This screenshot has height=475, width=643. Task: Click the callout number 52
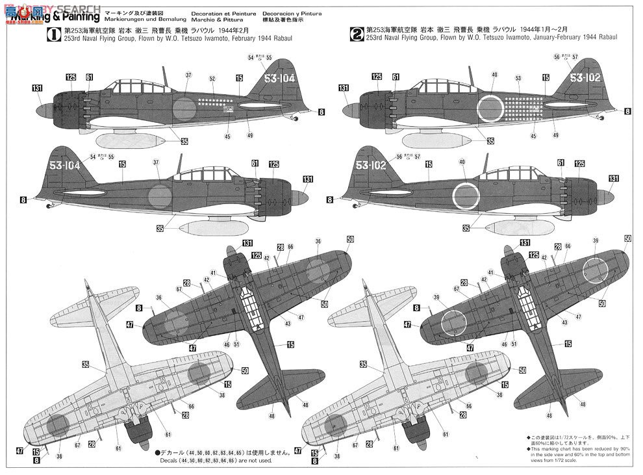point(212,79)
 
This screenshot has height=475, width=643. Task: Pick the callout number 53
point(518,79)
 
